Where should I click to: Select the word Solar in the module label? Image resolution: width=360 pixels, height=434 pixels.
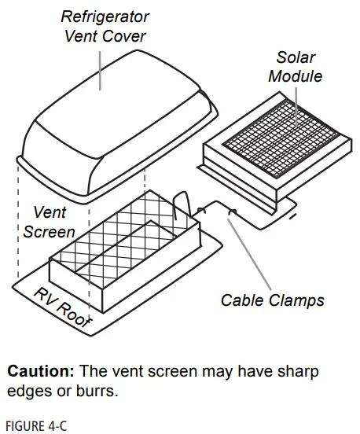coord(296,57)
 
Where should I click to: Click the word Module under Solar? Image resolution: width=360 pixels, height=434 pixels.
coord(296,76)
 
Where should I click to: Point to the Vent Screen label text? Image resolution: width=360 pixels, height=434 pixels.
coord(49,222)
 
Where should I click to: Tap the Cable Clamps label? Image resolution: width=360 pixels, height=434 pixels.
coord(272,300)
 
